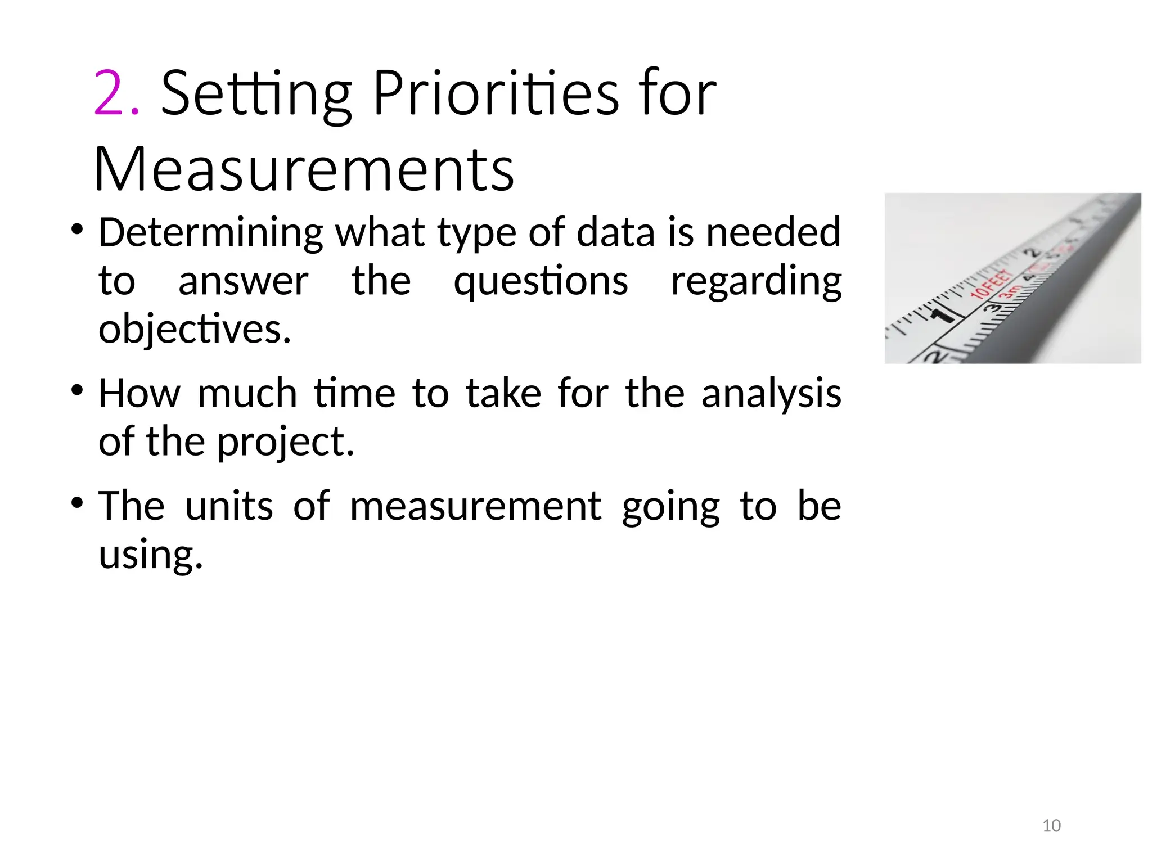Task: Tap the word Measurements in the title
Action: coord(304,169)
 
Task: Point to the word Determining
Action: coord(211,232)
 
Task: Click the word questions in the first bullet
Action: coord(541,281)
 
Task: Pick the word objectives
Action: coord(195,330)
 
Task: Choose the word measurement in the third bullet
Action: coord(476,506)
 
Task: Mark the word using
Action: coord(150,555)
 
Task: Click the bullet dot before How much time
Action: coord(78,390)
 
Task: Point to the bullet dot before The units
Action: coord(78,502)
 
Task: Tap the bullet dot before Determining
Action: coord(78,229)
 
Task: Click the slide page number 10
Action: coord(1051,826)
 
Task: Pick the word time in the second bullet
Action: coord(355,393)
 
